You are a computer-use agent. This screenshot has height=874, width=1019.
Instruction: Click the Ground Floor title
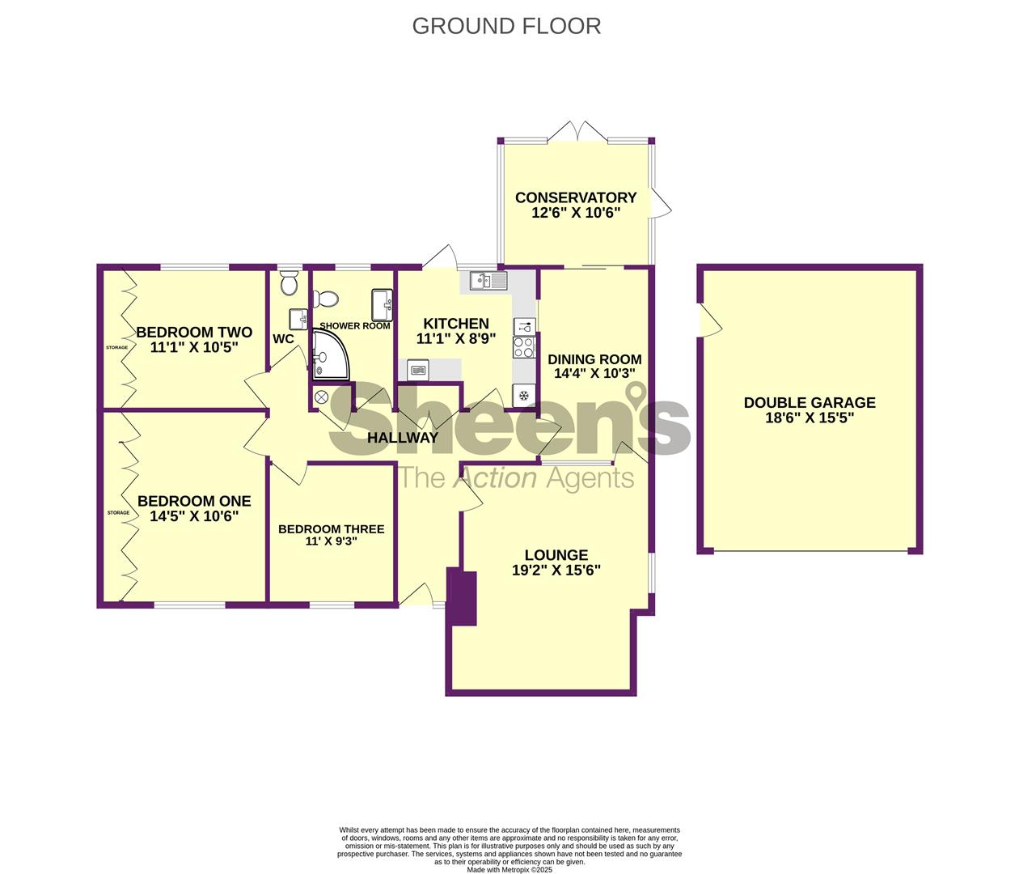[x=506, y=26]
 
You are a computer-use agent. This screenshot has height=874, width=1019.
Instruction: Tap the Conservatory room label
[x=576, y=197]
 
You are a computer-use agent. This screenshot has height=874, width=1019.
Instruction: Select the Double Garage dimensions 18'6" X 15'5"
[x=810, y=418]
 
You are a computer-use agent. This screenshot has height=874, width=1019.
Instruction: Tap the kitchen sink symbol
[x=488, y=281]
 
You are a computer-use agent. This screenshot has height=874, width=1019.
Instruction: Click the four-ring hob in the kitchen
[x=523, y=347]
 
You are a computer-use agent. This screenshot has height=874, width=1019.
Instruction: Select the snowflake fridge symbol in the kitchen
[x=523, y=395]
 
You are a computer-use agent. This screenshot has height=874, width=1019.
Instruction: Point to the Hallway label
[x=403, y=438]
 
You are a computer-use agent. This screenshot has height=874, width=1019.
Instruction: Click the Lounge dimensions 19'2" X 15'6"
[x=556, y=571]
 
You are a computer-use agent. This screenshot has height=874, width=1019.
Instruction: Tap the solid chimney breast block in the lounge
[x=462, y=598]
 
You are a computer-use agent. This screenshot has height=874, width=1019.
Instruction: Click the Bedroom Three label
[x=332, y=529]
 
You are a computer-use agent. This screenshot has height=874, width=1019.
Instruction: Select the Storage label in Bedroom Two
[x=116, y=348]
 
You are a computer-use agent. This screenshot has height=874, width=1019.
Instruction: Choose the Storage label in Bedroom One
[x=118, y=512]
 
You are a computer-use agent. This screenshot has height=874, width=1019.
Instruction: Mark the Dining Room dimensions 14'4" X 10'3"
[x=594, y=373]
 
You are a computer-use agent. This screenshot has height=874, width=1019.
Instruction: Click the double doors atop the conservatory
[x=577, y=132]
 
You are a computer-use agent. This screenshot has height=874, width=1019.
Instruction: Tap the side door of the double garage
[x=710, y=320]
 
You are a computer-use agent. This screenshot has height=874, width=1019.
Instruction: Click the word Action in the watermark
[x=494, y=478]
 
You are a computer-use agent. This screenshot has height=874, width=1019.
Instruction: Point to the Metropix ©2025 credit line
[x=509, y=870]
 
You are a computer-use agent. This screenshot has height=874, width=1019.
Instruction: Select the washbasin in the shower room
[x=382, y=305]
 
